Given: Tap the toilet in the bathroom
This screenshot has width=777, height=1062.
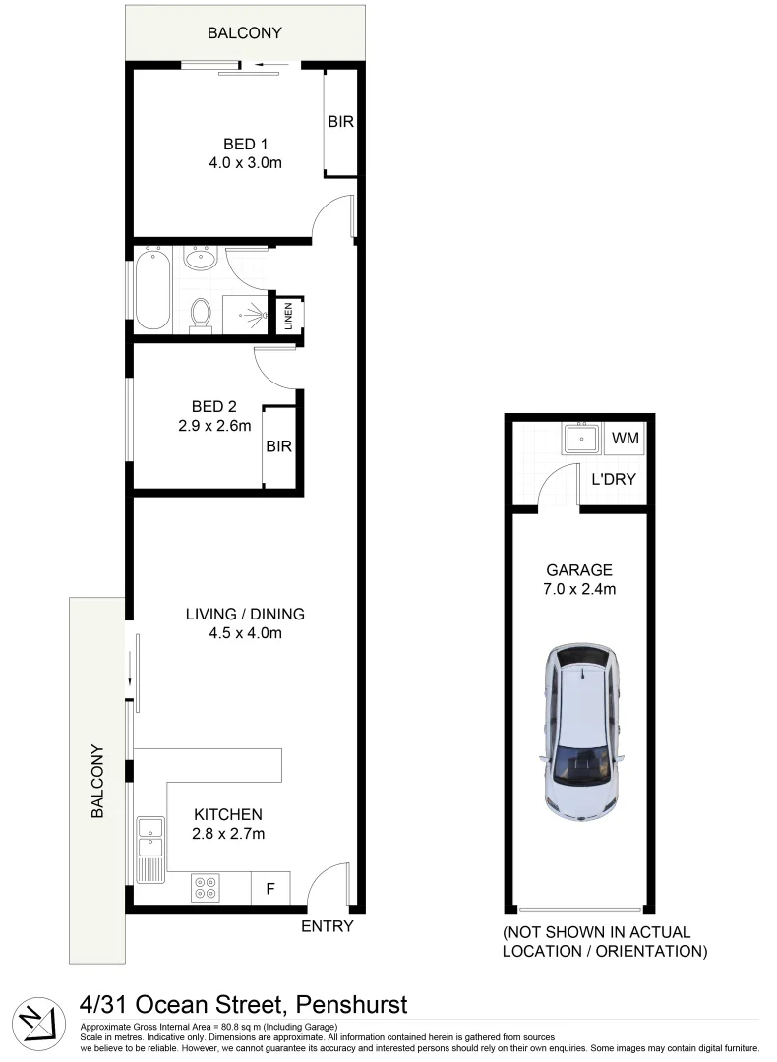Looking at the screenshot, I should tap(201, 314).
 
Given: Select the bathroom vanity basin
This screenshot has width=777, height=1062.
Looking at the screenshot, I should tap(201, 260).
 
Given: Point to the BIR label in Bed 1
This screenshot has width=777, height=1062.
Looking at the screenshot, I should tap(340, 123).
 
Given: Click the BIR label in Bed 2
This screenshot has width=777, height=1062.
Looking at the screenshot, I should tap(279, 445).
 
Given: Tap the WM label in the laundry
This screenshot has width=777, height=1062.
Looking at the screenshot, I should tap(626, 437).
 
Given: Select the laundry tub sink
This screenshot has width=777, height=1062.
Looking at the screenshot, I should tap(581, 437).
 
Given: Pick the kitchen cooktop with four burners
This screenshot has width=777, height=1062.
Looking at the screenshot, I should tap(207, 888).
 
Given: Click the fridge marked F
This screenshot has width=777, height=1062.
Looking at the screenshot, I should tap(269, 889).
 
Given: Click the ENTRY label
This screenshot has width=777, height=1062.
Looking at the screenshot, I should tap(327, 926).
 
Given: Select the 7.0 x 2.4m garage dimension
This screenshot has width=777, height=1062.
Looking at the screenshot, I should tap(579, 589).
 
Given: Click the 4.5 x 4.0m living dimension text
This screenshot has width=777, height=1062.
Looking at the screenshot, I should tap(245, 633).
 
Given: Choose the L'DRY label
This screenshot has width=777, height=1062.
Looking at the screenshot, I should tap(613, 480).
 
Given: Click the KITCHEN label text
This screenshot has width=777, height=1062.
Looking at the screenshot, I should tap(228, 814).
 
